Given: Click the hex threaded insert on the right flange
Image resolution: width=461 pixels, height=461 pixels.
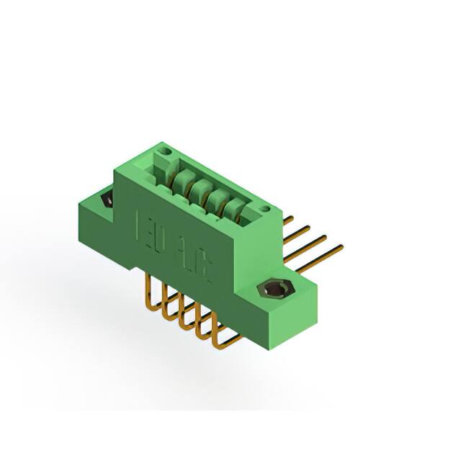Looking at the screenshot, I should (274, 291).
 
